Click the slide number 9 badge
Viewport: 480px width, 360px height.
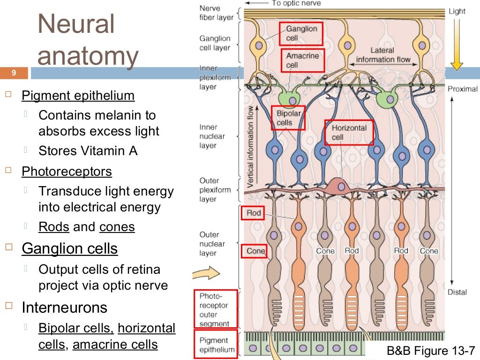pos(14,73)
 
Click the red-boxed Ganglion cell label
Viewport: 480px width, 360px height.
pos(302,33)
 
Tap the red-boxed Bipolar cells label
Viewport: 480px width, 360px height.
pos(288,118)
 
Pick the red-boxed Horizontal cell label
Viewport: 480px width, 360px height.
pos(349,132)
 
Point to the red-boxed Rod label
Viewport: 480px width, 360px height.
pos(253,213)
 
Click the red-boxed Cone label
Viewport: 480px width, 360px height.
pos(255,251)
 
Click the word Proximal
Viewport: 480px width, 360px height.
pos(462,89)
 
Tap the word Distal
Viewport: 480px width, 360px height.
pos(457,292)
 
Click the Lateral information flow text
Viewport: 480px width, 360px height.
pos(382,55)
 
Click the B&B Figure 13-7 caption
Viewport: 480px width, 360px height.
pos(431,350)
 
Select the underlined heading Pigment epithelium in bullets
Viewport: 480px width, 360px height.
pos(78,96)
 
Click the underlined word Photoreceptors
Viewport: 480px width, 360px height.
pos(67,172)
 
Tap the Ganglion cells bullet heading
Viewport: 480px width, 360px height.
pos(69,248)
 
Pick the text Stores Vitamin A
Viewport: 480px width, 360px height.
pos(88,151)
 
